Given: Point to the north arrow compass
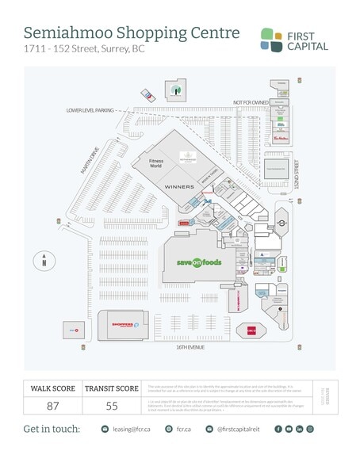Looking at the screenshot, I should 45,259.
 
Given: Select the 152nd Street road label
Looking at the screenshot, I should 296,176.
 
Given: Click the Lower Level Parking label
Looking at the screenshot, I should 90,110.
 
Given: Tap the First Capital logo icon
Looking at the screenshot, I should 271,39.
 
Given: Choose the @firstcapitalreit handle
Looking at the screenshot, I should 236,429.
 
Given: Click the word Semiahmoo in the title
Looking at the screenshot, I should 64,33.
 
